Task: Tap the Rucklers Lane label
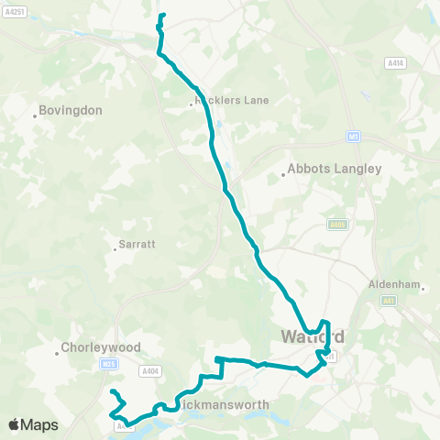click(233, 101)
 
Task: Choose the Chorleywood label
click(100, 348)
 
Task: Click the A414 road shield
click(394, 63)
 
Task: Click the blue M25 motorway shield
click(109, 364)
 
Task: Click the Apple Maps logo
click(32, 424)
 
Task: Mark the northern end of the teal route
click(163, 16)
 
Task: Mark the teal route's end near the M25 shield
click(113, 392)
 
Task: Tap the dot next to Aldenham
click(423, 289)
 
